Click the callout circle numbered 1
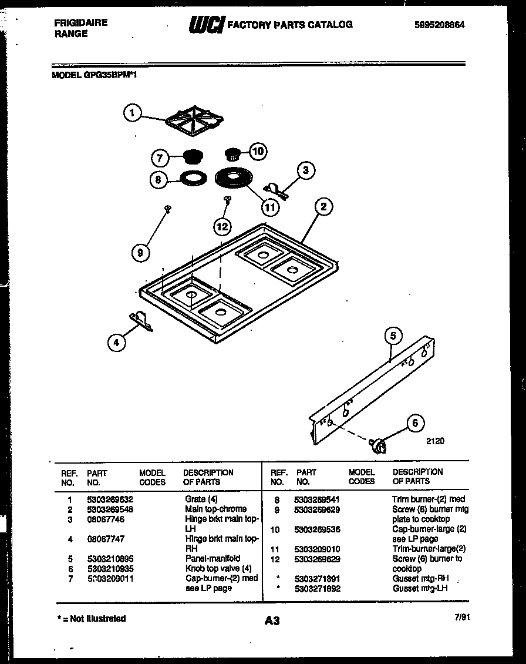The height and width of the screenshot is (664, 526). pyautogui.click(x=133, y=113)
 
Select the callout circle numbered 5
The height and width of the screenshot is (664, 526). pyautogui.click(x=393, y=336)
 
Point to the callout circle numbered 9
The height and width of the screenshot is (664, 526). pyautogui.click(x=140, y=253)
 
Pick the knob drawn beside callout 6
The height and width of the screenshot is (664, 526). pyautogui.click(x=379, y=446)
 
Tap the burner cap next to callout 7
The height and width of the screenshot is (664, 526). pyautogui.click(x=190, y=157)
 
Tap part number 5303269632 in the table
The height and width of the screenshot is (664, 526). pyautogui.click(x=110, y=499)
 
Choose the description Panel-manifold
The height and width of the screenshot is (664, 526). pyautogui.click(x=213, y=558)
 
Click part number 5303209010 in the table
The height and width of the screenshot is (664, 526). pyautogui.click(x=318, y=549)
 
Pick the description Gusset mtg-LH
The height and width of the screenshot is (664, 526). pyautogui.click(x=420, y=588)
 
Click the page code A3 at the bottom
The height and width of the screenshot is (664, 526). pyautogui.click(x=272, y=621)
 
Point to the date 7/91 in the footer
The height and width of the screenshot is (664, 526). pyautogui.click(x=462, y=617)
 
